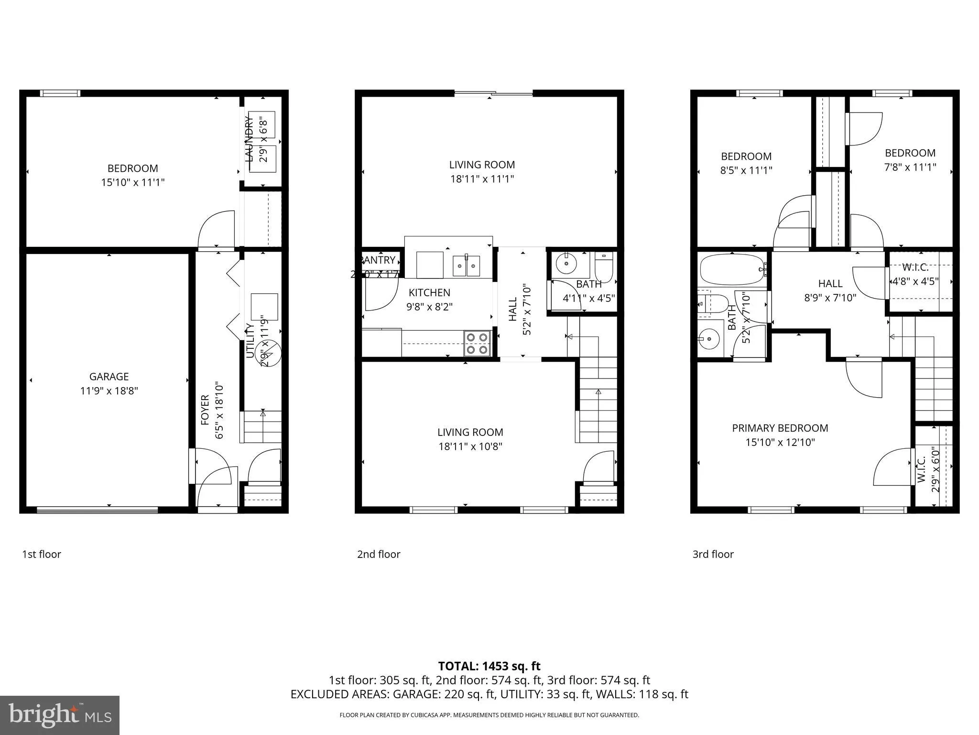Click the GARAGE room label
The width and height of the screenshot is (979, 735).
[x=109, y=377]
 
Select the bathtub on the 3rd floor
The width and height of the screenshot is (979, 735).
[x=731, y=270]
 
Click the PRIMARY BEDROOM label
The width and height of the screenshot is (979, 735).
[x=780, y=428]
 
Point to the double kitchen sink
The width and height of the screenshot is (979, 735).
[x=466, y=266]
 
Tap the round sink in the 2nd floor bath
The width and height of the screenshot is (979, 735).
[x=567, y=264]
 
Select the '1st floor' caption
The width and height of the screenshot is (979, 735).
[x=42, y=554]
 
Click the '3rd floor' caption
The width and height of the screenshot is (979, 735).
[x=713, y=554]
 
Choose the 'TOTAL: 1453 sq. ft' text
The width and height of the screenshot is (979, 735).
[x=489, y=666]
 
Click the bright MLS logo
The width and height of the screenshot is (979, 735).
[x=60, y=715]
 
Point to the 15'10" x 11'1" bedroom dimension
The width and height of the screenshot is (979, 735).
[x=132, y=182]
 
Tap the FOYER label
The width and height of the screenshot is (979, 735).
[x=205, y=410]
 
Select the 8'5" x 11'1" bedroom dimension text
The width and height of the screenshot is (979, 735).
[x=746, y=170]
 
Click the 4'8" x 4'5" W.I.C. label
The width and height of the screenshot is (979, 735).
[x=915, y=281]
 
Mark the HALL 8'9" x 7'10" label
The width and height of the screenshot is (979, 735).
[x=830, y=290]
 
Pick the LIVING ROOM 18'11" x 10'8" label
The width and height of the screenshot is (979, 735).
[x=470, y=439]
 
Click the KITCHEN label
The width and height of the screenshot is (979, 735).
[x=429, y=292]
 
